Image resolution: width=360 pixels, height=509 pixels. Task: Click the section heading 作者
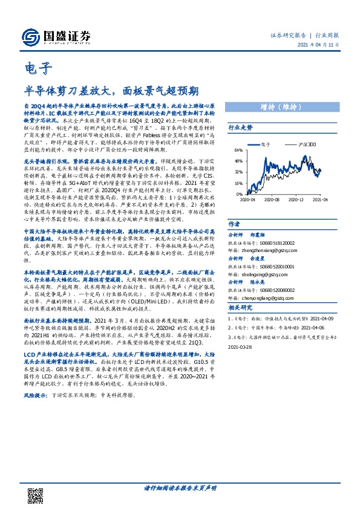click(x=235, y=223)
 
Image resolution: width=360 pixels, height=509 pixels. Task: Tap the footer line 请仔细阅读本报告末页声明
click(x=180, y=488)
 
